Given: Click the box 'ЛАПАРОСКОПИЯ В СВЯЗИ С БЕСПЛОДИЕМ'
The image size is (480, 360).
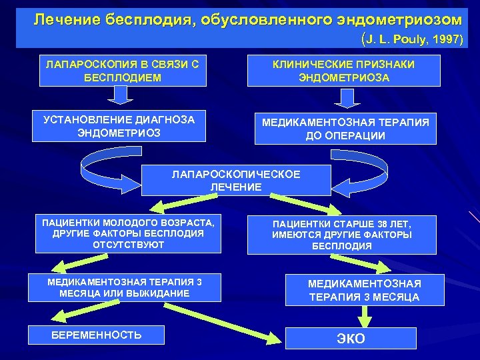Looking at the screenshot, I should [121, 70].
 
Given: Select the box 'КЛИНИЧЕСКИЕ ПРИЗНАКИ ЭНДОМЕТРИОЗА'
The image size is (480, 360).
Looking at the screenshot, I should [344, 70].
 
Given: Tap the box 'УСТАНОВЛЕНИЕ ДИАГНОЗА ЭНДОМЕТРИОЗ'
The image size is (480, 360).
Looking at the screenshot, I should [119, 126].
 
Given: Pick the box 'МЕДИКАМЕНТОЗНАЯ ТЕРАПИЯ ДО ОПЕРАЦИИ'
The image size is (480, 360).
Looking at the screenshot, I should [345, 129].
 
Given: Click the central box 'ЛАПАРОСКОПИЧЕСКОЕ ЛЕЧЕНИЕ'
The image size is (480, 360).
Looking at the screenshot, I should [236, 181].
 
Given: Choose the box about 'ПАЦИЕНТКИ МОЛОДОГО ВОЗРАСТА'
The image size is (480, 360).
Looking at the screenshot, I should [128, 233].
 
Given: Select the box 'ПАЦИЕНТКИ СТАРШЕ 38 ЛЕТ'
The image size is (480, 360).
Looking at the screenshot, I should [342, 235].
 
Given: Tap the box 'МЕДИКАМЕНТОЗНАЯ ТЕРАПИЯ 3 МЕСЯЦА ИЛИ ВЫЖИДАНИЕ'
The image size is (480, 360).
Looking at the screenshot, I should [125, 287].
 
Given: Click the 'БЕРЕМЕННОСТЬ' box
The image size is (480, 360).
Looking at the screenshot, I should [97, 335].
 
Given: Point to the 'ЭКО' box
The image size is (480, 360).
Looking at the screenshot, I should [351, 338].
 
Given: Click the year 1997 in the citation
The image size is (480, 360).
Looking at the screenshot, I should [445, 40].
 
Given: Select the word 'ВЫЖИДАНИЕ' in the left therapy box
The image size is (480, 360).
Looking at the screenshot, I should [161, 293].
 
